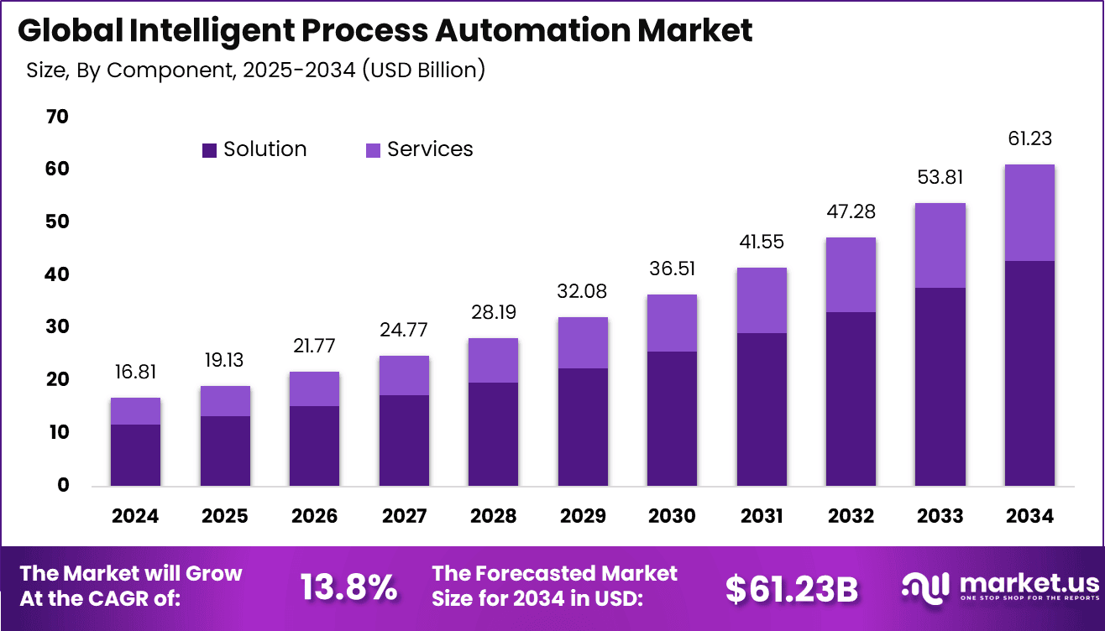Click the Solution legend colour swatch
coord(210,150)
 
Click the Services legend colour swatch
coord(373,150)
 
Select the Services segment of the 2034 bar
coord(1029,213)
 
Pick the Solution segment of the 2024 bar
coord(135,455)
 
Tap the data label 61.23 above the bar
coord(1029,139)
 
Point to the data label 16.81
coord(135,372)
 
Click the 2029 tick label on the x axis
coord(582,515)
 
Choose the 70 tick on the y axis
coord(57,117)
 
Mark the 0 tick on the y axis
coord(63,485)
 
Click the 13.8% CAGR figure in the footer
coord(348,588)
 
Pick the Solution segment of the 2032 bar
coord(850,399)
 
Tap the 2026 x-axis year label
coord(314,515)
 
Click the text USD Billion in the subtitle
coord(424,70)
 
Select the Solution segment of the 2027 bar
coord(403,440)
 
